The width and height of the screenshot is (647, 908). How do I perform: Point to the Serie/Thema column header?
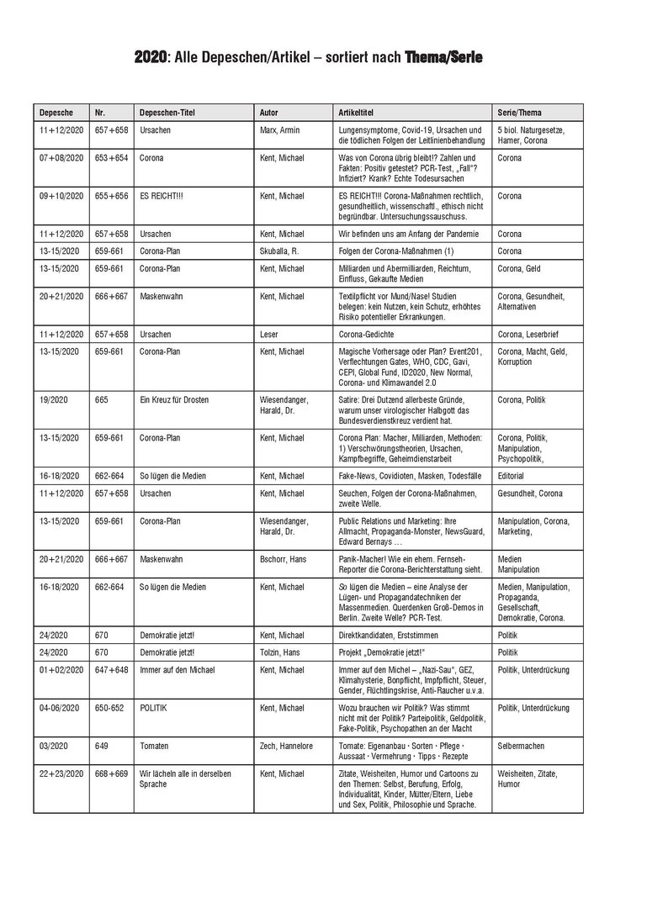click(x=520, y=112)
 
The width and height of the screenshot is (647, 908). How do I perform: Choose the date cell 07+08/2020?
click(x=61, y=157)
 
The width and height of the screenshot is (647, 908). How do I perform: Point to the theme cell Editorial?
click(x=512, y=475)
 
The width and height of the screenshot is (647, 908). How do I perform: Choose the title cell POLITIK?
click(x=154, y=708)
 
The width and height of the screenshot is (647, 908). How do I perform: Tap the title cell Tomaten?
click(x=155, y=745)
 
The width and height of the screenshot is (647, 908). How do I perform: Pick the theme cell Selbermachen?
click(x=524, y=745)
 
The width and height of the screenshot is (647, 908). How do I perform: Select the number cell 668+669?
click(x=111, y=773)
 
